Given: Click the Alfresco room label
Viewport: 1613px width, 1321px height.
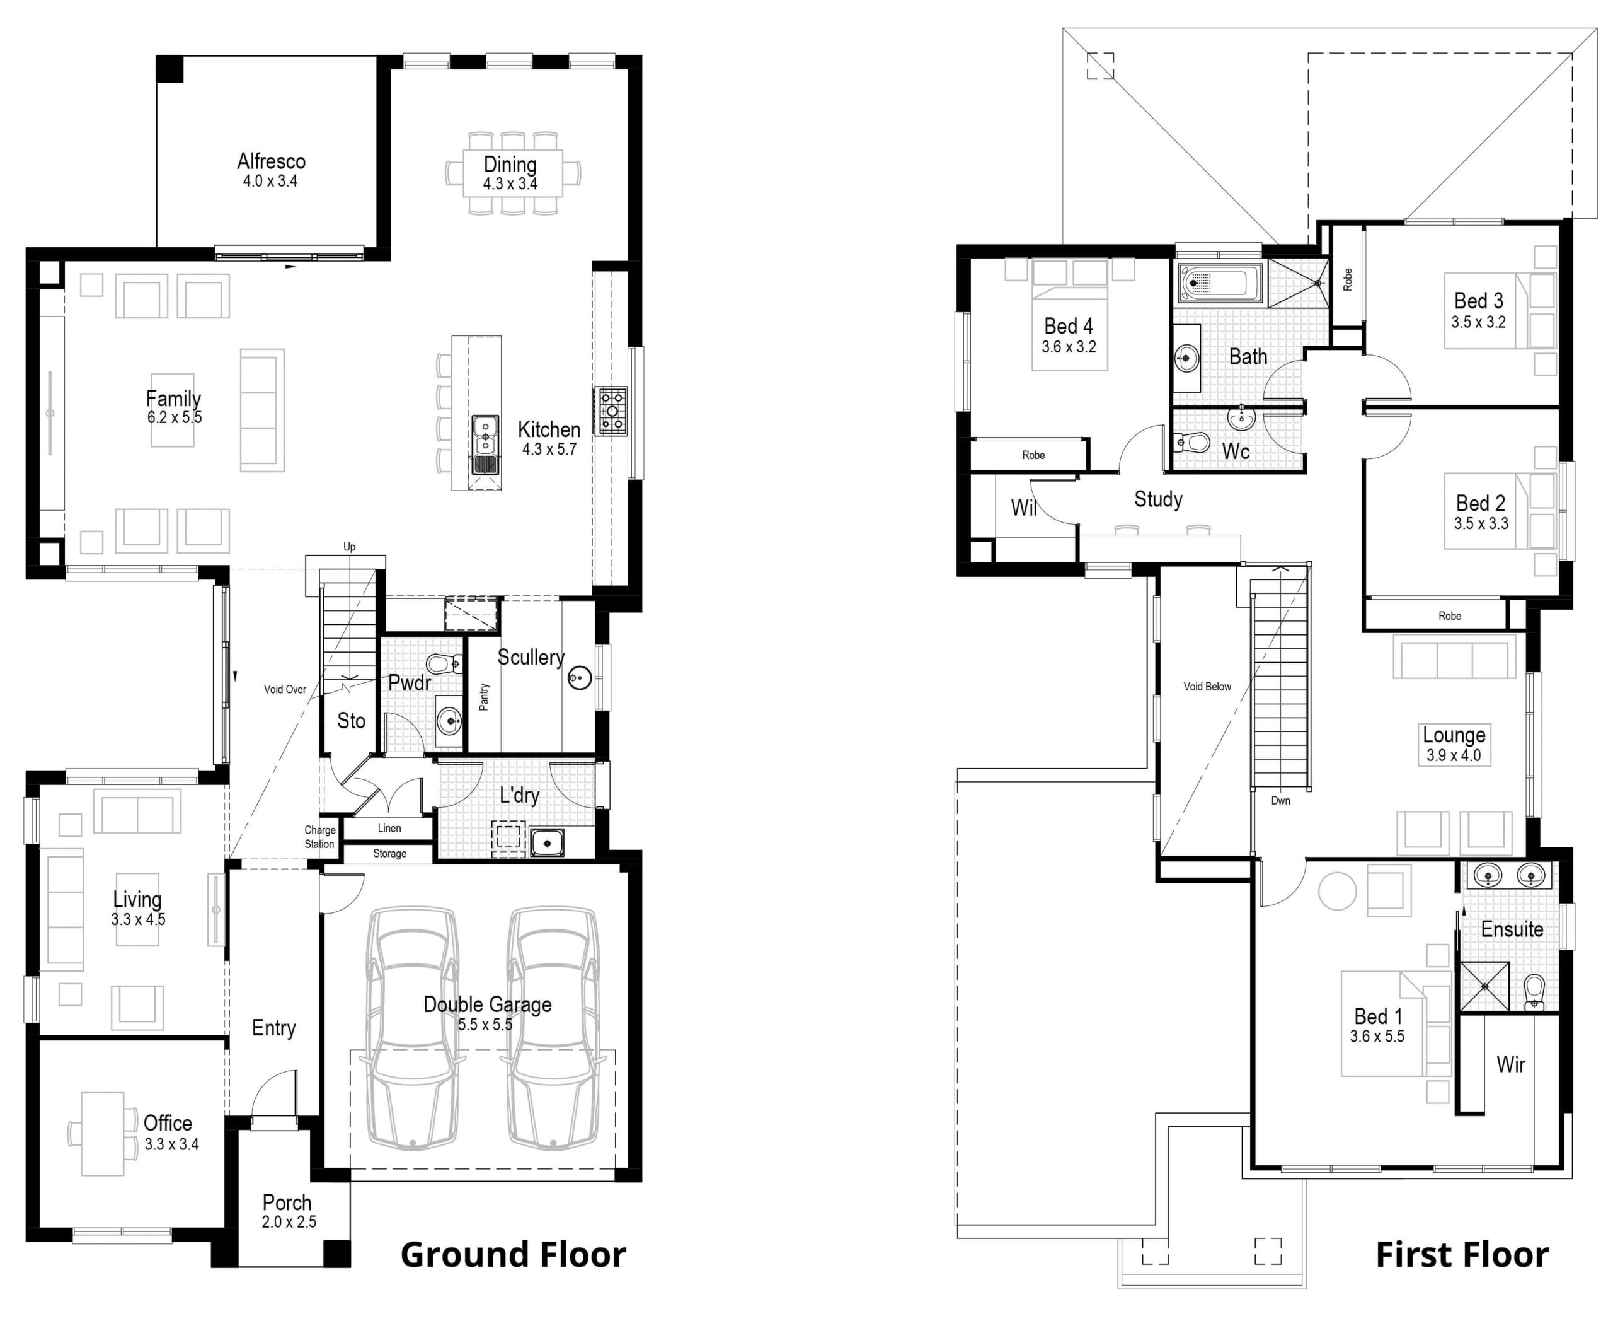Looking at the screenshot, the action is [x=272, y=161].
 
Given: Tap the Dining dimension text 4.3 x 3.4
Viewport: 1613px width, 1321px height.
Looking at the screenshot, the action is [x=510, y=184].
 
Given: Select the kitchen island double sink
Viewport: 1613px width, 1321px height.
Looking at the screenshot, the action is [x=485, y=445].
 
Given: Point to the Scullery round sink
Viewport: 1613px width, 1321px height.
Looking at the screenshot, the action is [x=580, y=677].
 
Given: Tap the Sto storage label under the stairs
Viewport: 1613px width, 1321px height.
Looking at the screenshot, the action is [x=352, y=721].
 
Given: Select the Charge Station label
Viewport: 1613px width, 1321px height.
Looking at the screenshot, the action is [x=319, y=837].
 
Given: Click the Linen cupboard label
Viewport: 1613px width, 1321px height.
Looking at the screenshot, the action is [x=389, y=828].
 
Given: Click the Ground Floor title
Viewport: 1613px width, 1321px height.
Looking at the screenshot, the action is [x=514, y=1255].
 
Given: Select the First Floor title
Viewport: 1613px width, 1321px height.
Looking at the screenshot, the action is [x=1462, y=1255].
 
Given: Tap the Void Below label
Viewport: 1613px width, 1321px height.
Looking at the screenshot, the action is [x=1207, y=687].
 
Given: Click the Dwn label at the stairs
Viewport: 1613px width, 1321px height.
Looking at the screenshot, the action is [x=1281, y=801].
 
